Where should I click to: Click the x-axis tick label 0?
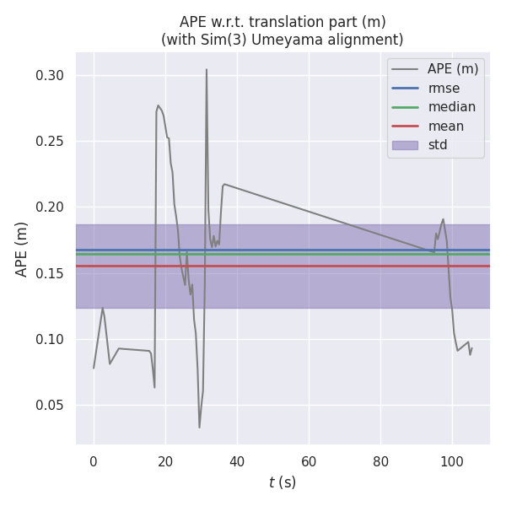(x=94, y=461)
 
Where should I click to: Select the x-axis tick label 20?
(x=165, y=461)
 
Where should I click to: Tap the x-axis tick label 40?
(x=237, y=461)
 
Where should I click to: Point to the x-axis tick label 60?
(x=309, y=461)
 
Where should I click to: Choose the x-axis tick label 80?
(x=380, y=461)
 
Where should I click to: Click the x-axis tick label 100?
(x=452, y=461)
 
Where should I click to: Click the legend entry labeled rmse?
(x=440, y=89)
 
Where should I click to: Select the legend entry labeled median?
(x=451, y=107)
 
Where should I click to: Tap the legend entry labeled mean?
(x=445, y=126)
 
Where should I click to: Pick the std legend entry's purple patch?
(x=405, y=144)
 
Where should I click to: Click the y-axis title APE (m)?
(x=22, y=249)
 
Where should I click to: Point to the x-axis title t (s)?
(x=283, y=482)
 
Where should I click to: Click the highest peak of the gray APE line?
(x=207, y=70)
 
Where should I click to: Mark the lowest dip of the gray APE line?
(x=200, y=427)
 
